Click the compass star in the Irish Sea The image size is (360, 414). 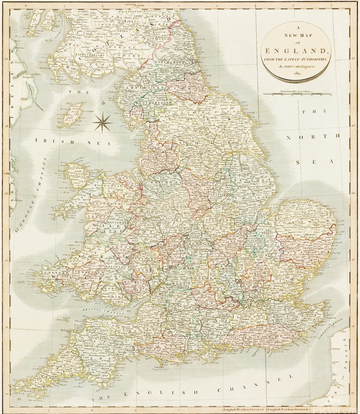(x=103, y=123)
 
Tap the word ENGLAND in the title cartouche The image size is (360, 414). (x=296, y=51)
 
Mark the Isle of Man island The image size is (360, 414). (x=70, y=115)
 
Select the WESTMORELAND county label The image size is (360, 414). (x=148, y=105)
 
